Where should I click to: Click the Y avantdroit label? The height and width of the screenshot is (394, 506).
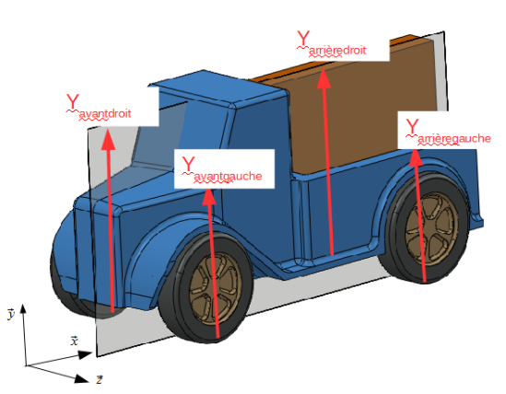click(99, 108)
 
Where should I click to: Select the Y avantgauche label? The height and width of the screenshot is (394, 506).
click(222, 169)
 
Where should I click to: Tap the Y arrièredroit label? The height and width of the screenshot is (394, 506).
click(332, 44)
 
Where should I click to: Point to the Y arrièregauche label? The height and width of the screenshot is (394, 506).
click(448, 133)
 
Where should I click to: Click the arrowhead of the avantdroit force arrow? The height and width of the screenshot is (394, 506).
click(108, 139)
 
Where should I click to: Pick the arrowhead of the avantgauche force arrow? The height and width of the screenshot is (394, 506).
click(209, 196)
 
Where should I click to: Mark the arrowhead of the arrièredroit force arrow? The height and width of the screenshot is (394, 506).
click(324, 78)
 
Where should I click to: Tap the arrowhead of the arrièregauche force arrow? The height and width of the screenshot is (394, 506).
click(416, 157)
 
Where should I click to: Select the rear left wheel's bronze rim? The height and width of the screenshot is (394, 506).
click(431, 229)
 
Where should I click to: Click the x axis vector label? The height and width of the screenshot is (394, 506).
click(75, 341)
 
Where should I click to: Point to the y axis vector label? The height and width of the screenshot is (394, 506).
click(11, 313)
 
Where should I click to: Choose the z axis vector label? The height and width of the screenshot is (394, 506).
click(100, 379)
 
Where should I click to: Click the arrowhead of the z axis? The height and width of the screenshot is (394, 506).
click(82, 378)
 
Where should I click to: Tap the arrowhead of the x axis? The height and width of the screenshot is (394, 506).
click(86, 355)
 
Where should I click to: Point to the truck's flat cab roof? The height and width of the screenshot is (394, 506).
click(219, 88)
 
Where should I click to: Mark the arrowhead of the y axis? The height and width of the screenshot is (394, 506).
click(23, 309)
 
